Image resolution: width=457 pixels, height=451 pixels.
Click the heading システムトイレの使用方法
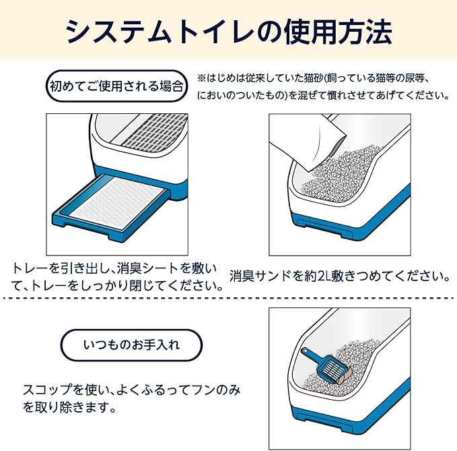[229, 30]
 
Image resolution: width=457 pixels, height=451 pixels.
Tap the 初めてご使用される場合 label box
[115, 86]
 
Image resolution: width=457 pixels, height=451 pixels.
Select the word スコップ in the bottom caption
[43, 390]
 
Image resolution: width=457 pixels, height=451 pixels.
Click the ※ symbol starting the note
[201, 79]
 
